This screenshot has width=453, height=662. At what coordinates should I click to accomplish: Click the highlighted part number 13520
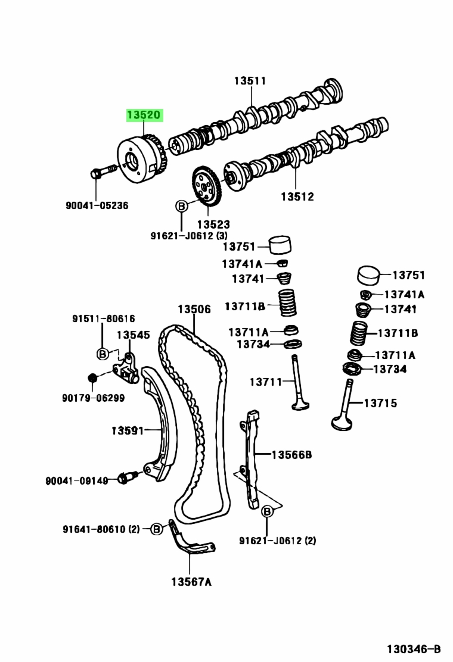click(144, 115)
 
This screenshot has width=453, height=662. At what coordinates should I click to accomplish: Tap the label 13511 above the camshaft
click(250, 80)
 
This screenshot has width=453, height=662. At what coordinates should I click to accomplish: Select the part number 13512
click(297, 196)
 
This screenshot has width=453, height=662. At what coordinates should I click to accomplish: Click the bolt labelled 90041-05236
click(104, 171)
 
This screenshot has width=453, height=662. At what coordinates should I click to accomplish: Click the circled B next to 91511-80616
click(103, 354)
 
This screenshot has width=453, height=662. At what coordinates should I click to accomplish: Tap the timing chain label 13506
click(194, 310)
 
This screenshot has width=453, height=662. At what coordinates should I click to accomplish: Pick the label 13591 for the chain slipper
click(128, 430)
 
